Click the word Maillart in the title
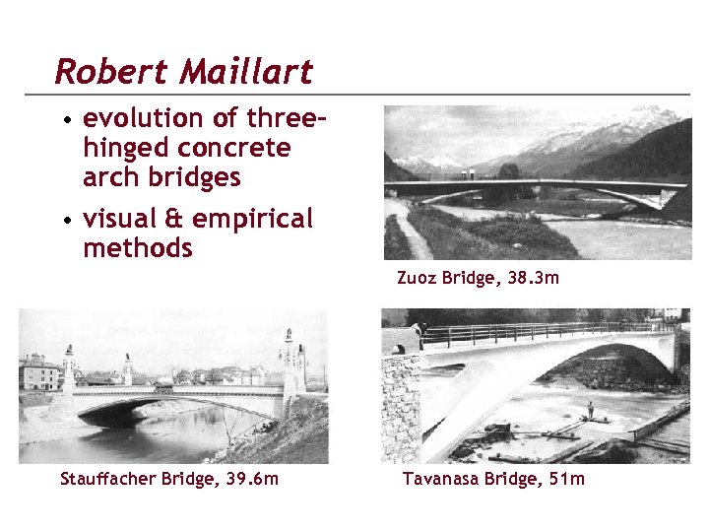pos(240,71)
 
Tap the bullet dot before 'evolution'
pos(66,121)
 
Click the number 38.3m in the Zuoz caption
pos(535,278)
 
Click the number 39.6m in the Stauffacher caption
pos(252,479)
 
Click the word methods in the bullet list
pos(138,248)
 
